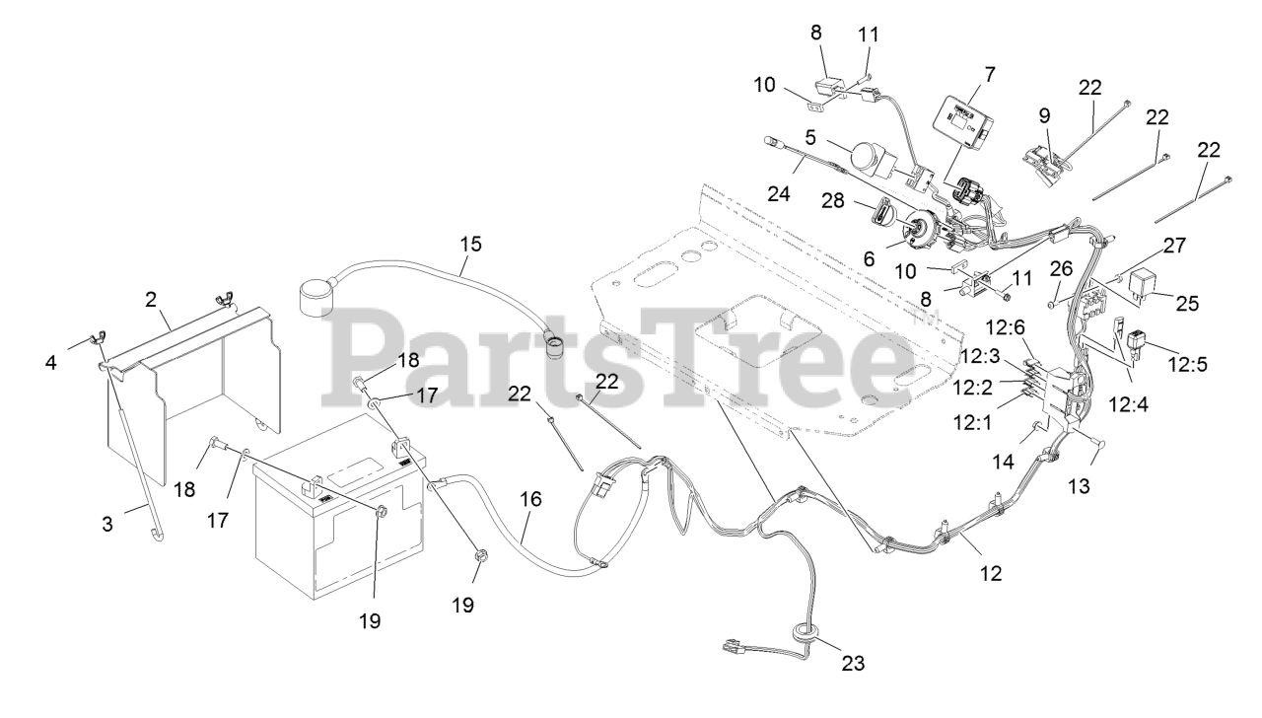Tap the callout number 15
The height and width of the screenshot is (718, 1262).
pyautogui.click(x=470, y=243)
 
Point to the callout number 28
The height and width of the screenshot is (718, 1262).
pyautogui.click(x=831, y=201)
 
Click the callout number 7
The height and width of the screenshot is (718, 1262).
pyautogui.click(x=989, y=73)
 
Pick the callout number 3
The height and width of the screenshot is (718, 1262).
pyautogui.click(x=107, y=525)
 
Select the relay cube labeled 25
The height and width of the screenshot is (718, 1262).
pyautogui.click(x=1142, y=281)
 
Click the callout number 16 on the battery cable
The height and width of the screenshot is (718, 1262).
pyautogui.click(x=530, y=500)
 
